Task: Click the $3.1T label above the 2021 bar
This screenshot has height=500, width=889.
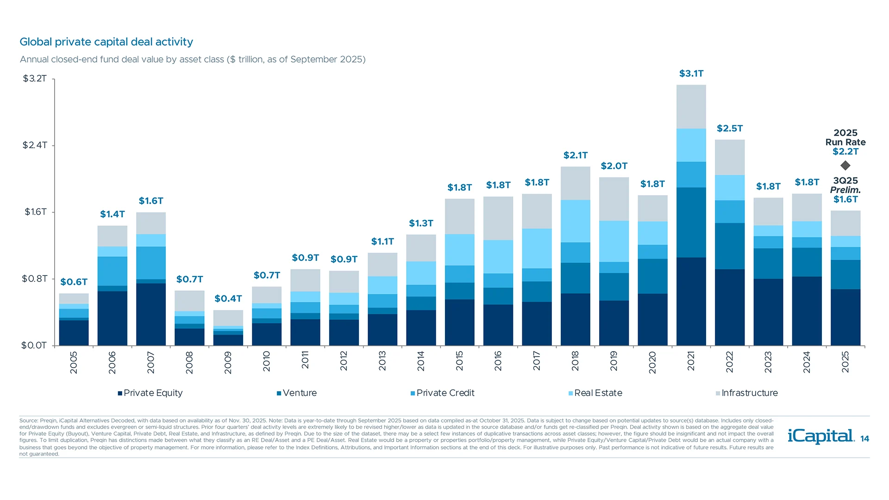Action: (691, 74)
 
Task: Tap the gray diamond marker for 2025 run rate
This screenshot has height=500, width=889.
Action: (845, 165)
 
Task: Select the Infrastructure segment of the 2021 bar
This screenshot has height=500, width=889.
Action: (691, 106)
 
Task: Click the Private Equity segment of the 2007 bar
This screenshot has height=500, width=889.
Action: (151, 314)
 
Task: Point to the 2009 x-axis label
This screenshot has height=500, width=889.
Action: (228, 362)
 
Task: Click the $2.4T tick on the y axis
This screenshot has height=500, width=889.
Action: (35, 145)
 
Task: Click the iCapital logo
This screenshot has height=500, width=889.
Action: (820, 436)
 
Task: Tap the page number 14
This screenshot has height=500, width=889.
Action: (864, 439)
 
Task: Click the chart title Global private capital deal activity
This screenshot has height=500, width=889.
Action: (106, 42)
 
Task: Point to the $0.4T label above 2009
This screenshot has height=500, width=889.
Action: (228, 299)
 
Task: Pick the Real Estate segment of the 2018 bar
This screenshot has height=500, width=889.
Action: (575, 221)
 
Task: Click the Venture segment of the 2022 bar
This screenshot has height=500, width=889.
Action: (729, 246)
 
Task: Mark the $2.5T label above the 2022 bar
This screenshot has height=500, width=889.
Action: (730, 128)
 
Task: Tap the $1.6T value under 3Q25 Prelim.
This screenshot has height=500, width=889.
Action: (845, 200)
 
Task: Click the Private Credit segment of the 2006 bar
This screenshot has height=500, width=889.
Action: (113, 271)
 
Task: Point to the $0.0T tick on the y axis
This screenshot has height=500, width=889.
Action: (34, 345)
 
